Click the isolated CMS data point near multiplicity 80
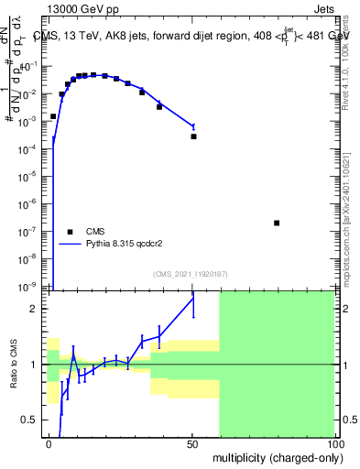[277, 223]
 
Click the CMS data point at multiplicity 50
[193, 136]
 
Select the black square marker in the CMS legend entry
[69, 231]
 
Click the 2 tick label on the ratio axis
[37, 309]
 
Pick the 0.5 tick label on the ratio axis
[33, 420]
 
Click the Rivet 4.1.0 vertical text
[351, 55]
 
